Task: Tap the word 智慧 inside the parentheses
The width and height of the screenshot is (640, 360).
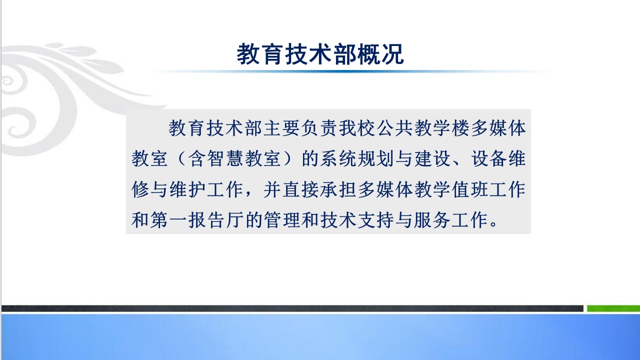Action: pyautogui.click(x=225, y=158)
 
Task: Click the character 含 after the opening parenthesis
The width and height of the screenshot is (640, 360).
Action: pyautogui.click(x=197, y=158)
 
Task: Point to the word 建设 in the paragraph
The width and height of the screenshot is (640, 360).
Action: pyautogui.click(x=433, y=158)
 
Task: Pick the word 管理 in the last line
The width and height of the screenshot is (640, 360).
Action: pyautogui.click(x=282, y=220)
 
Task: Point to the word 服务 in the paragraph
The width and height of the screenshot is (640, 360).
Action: pyautogui.click(x=433, y=220)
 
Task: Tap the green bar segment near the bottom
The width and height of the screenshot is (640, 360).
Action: pyautogui.click(x=613, y=308)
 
